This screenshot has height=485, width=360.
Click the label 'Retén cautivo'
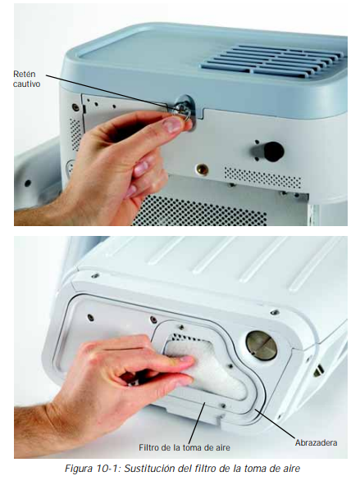point(26,79)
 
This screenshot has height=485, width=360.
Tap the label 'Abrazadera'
point(316,442)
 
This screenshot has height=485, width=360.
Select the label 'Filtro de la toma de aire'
point(185,447)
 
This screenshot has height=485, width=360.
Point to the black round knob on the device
point(273,152)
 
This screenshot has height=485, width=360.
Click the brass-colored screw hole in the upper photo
point(202,170)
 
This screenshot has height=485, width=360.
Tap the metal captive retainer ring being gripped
point(183,111)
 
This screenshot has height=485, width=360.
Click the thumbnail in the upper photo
point(172,125)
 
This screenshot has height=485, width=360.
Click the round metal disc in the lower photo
point(261,346)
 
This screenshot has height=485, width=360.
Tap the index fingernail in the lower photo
point(186,359)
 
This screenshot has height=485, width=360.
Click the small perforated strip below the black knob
point(262,178)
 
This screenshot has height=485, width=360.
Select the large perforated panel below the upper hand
point(198,211)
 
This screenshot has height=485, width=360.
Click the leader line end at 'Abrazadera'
point(255,409)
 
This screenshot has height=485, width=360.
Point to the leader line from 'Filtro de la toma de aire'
point(197,423)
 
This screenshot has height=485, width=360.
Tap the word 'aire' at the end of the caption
point(292,469)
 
